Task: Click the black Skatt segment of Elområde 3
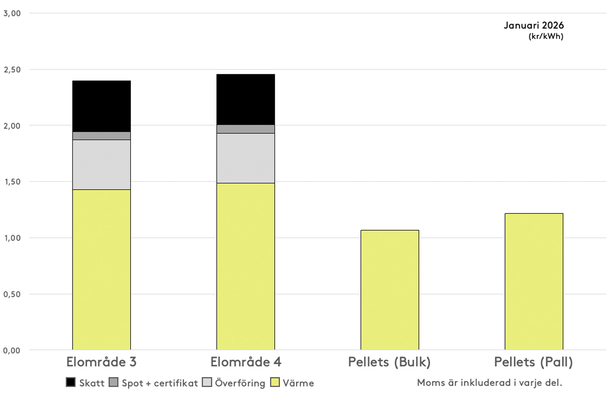click(x=101, y=106)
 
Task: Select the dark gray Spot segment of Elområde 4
click(x=245, y=129)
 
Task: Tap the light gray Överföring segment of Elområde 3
click(x=101, y=165)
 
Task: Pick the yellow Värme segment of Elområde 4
click(x=245, y=266)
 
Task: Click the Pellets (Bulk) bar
click(x=389, y=290)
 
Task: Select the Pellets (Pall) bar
click(x=534, y=282)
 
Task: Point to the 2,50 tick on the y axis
click(x=12, y=70)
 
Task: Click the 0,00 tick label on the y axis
click(x=12, y=350)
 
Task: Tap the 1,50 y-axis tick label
click(x=12, y=182)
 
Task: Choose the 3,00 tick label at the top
click(x=12, y=13)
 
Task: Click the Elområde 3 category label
click(x=101, y=362)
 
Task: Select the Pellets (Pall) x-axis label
click(x=533, y=362)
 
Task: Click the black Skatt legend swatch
click(x=71, y=382)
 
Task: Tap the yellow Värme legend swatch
click(x=275, y=382)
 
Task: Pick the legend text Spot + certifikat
click(x=160, y=383)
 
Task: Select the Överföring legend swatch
click(x=207, y=382)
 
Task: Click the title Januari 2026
click(x=534, y=25)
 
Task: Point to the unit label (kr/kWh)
click(x=546, y=36)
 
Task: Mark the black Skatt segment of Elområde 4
click(x=245, y=100)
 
